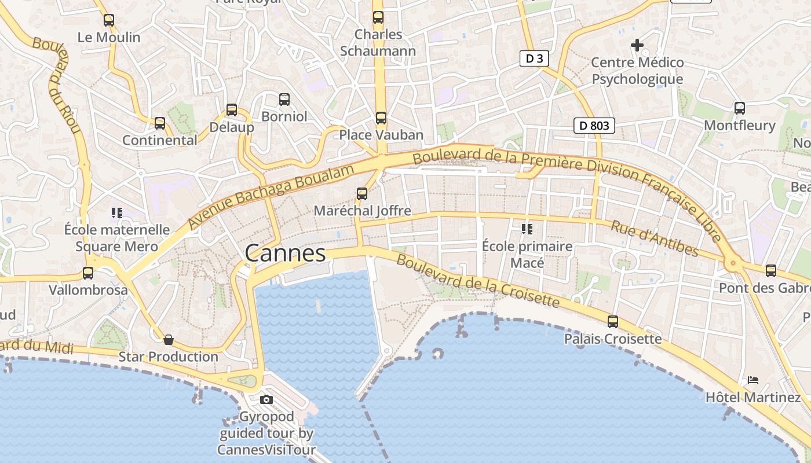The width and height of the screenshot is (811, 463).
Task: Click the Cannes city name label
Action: point(285,253)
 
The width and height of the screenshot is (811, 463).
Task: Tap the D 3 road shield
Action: point(534,58)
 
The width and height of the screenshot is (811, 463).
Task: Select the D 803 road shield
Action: point(594,125)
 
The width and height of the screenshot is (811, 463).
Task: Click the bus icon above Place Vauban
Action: point(381,118)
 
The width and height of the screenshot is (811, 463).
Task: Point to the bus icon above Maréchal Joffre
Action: point(362,194)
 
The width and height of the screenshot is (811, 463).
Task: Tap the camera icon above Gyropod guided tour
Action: point(266,399)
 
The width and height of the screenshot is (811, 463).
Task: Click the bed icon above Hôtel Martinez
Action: point(753,380)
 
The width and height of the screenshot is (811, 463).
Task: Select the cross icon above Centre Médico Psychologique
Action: point(637,45)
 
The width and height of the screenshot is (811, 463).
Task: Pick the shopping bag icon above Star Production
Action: point(169,340)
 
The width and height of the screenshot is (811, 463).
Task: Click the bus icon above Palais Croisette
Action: point(613,322)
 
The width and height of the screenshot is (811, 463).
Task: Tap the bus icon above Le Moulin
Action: point(109,20)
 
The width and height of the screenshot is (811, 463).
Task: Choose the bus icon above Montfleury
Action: point(740,108)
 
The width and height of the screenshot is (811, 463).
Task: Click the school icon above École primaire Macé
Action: point(527,229)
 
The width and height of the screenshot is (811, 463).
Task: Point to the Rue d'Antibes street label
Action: point(655,238)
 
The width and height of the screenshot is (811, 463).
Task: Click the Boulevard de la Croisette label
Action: point(478,282)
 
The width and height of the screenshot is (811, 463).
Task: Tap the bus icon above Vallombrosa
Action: point(88,273)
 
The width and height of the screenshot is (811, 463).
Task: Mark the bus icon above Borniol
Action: point(284,100)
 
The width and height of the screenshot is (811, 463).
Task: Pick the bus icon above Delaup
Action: point(232,110)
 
